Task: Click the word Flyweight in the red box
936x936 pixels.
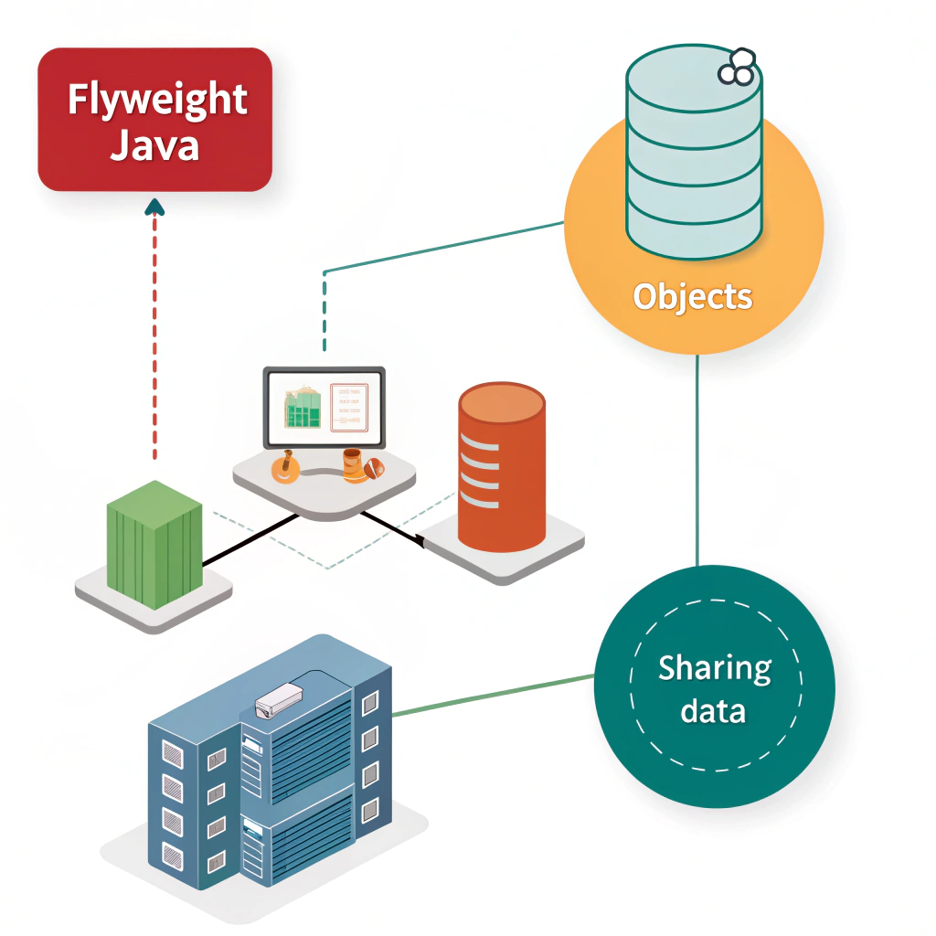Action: pyautogui.click(x=156, y=100)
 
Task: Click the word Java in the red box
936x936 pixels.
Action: pyautogui.click(x=154, y=144)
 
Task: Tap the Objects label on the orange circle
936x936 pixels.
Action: pyautogui.click(x=693, y=297)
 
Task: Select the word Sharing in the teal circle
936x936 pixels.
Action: pyautogui.click(x=715, y=670)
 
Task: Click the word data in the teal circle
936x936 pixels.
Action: pyautogui.click(x=714, y=711)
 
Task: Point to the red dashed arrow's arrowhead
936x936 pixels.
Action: pyautogui.click(x=154, y=207)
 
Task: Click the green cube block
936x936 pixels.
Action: pyautogui.click(x=154, y=545)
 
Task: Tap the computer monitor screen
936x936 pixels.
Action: pyautogui.click(x=324, y=407)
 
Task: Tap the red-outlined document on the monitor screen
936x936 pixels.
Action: pyautogui.click(x=348, y=407)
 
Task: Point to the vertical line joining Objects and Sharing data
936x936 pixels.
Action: pyautogui.click(x=697, y=457)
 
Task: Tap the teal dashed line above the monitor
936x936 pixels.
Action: pyautogui.click(x=324, y=311)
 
